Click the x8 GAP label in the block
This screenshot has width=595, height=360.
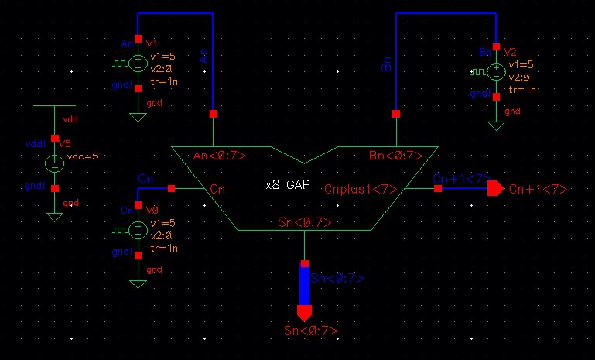point(287,187)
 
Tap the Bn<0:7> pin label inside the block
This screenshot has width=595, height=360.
point(395,156)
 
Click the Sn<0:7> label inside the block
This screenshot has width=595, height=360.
point(304,223)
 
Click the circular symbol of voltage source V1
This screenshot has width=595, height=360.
point(138,64)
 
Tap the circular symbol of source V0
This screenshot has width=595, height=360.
point(138,229)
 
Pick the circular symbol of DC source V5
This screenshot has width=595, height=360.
point(54,163)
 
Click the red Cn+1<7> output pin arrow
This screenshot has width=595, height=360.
point(495,189)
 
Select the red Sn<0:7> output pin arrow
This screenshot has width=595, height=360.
point(304,314)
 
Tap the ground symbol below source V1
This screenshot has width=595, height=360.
point(138,117)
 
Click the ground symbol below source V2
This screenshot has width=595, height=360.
point(495,125)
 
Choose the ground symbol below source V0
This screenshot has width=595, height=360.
point(138,283)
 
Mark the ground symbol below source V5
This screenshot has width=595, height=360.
point(54,217)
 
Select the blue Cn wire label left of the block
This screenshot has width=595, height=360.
point(145,180)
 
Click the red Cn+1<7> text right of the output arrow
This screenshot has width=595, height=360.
point(539,190)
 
